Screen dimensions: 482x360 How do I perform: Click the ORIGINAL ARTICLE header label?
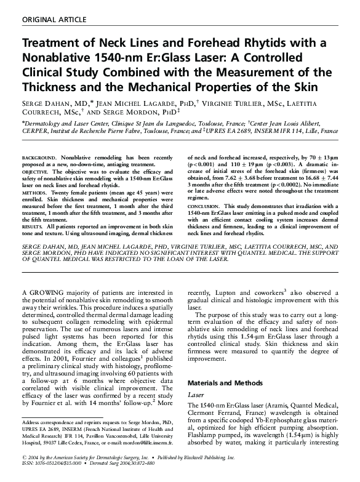54,20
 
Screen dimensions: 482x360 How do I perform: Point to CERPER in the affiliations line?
37,131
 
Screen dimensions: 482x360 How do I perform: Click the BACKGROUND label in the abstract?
39,158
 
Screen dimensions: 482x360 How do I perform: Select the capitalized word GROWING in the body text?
48,292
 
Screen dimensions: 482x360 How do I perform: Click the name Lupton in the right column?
234,292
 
